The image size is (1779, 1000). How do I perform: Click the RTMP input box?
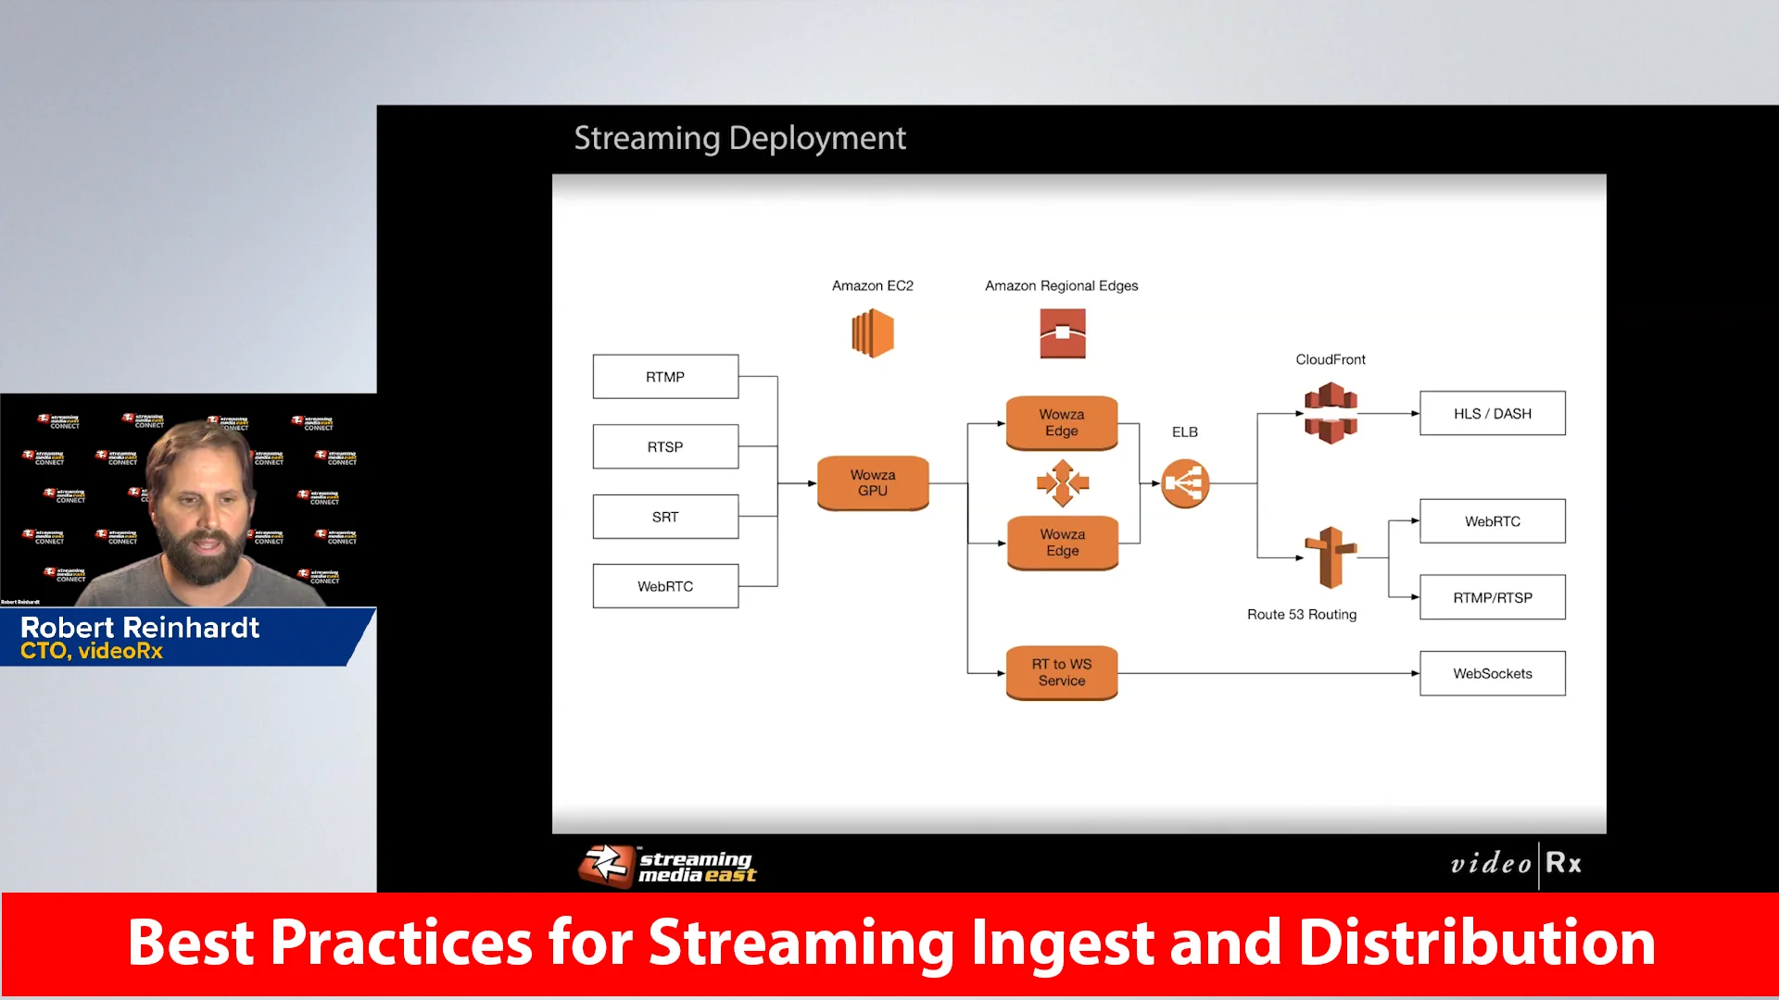click(665, 377)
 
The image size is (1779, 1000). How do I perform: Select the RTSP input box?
click(665, 446)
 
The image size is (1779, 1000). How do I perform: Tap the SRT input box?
click(665, 517)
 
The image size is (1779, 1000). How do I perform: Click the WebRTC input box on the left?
click(665, 586)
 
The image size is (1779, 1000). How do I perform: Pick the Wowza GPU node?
click(872, 482)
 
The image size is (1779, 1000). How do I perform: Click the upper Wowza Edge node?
click(1061, 422)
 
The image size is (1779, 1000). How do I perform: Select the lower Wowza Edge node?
click(1062, 543)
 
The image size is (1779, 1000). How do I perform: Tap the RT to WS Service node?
click(1061, 672)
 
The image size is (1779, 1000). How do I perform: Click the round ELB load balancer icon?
click(1185, 483)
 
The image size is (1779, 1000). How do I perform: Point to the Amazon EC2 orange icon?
click(872, 333)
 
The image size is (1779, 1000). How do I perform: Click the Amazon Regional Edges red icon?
click(1062, 333)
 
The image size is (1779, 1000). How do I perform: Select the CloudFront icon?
click(1331, 413)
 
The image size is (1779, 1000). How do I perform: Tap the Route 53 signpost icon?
click(1331, 557)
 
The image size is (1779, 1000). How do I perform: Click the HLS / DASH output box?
click(1492, 413)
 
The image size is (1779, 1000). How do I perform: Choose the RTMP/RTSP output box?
click(1492, 597)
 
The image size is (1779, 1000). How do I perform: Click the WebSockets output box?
click(1492, 673)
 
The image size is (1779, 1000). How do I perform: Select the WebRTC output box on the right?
click(1492, 521)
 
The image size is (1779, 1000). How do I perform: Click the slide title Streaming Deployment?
click(739, 138)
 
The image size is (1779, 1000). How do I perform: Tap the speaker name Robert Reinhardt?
click(140, 628)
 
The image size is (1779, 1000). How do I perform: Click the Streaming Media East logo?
click(667, 866)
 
